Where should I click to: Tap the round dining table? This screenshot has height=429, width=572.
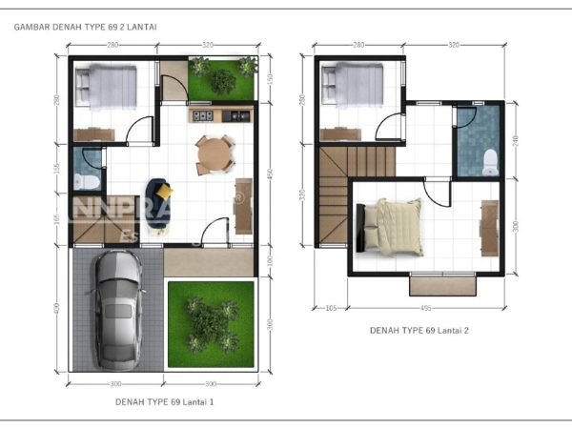click(x=214, y=154)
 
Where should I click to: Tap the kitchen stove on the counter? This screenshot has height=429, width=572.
click(x=203, y=117)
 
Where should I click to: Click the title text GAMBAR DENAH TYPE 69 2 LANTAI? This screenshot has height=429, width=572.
click(x=87, y=28)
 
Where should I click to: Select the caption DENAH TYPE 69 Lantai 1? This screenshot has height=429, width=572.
click(x=164, y=401)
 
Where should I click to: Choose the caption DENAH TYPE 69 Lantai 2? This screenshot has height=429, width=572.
click(x=419, y=330)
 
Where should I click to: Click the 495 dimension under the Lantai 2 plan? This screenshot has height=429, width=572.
click(x=425, y=308)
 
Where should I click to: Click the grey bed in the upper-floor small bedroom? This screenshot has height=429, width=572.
click(x=353, y=86)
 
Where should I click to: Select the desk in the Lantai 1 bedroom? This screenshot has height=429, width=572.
click(x=95, y=135)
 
